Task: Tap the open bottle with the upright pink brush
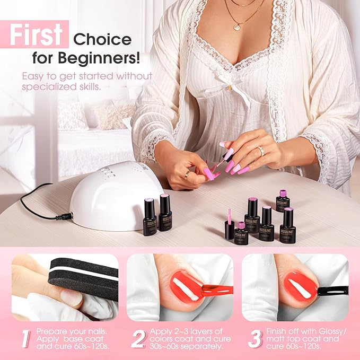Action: [x=229, y=225]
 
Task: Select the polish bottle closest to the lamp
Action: [x=150, y=216]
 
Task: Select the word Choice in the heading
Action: [x=102, y=39]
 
